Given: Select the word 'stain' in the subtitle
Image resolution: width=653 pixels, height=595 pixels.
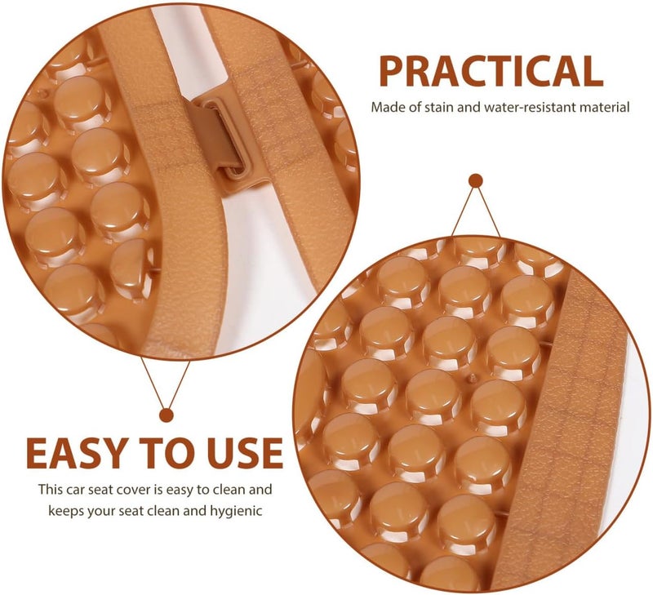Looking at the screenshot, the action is (439, 107).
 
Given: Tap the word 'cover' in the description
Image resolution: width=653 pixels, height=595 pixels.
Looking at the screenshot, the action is (135, 489).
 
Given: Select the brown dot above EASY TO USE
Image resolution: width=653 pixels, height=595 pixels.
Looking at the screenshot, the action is (167, 415).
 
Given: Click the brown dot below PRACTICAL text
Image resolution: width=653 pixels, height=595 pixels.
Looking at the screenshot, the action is (476, 180).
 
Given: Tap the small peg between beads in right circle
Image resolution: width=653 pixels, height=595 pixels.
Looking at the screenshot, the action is (473, 378).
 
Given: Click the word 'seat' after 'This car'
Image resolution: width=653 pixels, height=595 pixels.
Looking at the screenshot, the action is (104, 489).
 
